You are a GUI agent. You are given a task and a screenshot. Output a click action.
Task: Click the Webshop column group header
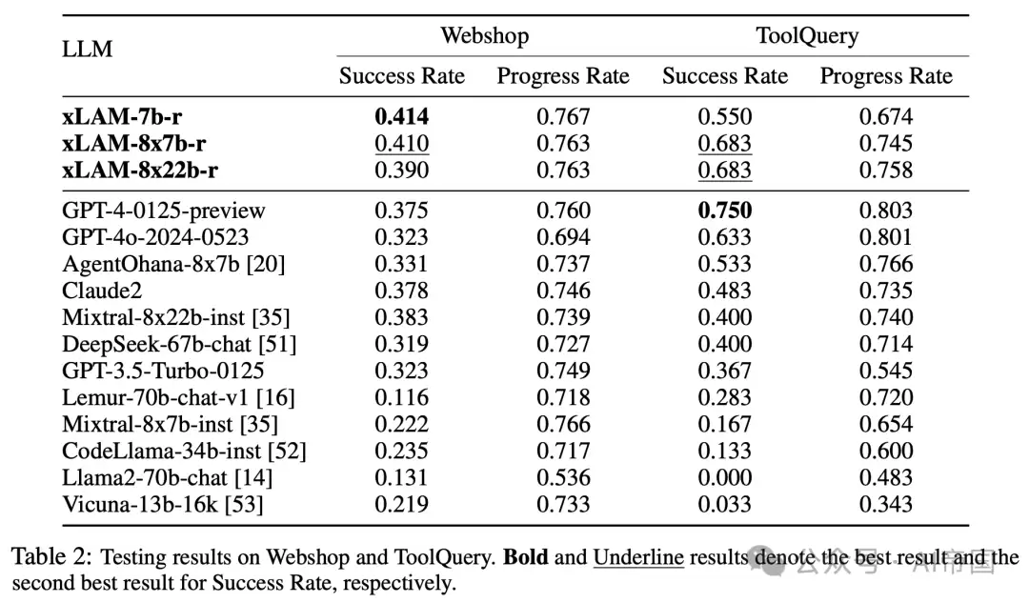point(484,35)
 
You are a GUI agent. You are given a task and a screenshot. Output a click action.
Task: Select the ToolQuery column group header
point(807,36)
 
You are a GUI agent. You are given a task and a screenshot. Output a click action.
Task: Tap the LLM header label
point(88,50)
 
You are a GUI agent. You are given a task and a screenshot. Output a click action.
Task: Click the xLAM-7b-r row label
point(122,116)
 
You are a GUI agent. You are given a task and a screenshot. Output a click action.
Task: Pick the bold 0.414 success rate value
point(402,116)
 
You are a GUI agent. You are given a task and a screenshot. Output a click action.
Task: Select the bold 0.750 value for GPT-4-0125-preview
point(724,210)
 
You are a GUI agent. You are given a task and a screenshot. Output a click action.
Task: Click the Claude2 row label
point(102,291)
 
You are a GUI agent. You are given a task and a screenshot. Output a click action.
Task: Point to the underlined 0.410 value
point(402,144)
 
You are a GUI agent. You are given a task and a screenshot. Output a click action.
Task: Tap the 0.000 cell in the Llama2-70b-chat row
point(724,477)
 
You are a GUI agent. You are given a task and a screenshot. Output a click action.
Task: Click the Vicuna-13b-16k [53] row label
point(163,505)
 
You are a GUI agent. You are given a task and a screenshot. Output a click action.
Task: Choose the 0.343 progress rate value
point(886,505)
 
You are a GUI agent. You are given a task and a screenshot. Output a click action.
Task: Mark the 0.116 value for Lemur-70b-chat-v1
point(402,397)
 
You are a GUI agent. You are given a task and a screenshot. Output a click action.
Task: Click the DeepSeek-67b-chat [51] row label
point(179,345)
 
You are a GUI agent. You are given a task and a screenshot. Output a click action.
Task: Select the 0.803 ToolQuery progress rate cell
point(886,210)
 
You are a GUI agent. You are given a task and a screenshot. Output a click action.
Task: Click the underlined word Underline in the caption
point(638,557)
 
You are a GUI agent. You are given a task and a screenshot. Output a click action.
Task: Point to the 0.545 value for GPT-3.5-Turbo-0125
point(886,371)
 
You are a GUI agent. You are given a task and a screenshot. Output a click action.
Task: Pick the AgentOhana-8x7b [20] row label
point(174,264)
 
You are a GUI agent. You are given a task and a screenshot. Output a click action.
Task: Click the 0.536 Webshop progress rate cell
point(563,477)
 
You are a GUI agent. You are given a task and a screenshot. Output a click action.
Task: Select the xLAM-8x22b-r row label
point(140,170)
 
